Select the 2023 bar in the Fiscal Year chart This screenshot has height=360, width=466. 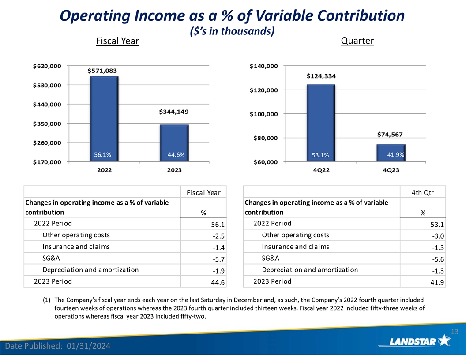(174, 143)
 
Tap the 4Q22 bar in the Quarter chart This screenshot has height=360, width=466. (320, 123)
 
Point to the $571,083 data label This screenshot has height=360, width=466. (105, 70)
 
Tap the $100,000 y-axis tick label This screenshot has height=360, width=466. (263, 114)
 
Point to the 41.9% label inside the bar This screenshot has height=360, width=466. (395, 155)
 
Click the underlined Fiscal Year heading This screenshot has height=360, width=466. (117, 41)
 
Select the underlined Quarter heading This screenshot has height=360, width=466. (357, 41)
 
